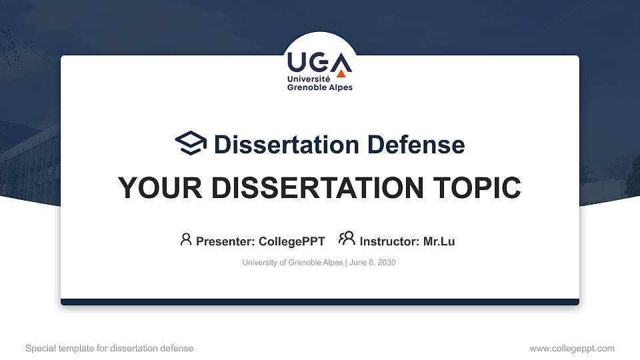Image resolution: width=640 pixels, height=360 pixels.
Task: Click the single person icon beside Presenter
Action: click(x=186, y=239)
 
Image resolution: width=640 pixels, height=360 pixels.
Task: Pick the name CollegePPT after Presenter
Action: click(x=291, y=241)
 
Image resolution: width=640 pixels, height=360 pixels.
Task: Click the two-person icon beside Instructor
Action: click(x=347, y=238)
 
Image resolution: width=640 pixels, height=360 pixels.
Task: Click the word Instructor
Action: click(x=389, y=241)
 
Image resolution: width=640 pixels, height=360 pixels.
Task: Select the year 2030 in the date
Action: click(x=385, y=263)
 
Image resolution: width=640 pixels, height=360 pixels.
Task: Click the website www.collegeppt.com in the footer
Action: click(x=572, y=348)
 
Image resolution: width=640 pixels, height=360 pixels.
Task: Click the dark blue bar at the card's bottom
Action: click(x=320, y=302)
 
